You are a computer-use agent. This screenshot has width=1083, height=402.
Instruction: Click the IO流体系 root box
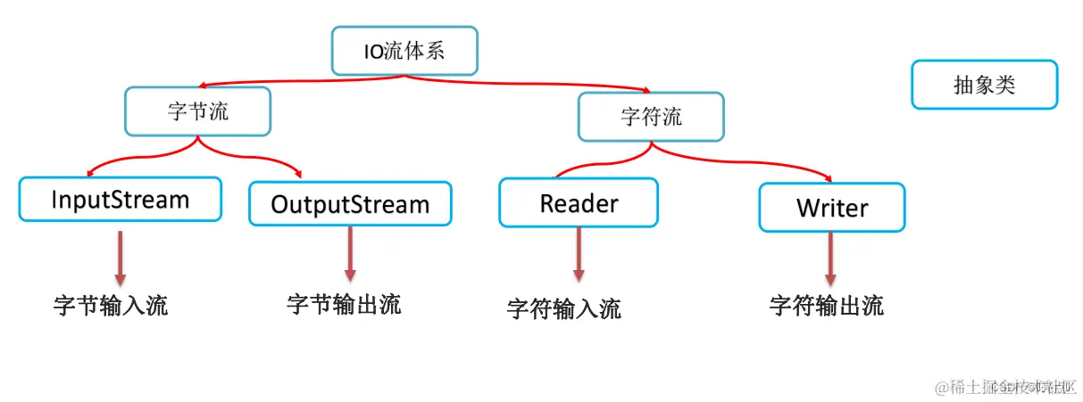[x=404, y=50]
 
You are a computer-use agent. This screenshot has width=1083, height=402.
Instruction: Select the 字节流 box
[x=197, y=111]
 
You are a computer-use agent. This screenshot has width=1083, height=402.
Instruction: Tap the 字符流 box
[x=651, y=116]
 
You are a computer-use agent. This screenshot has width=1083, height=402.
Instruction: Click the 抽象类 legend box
[x=984, y=85]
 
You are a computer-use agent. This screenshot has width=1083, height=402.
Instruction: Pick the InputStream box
[x=120, y=199]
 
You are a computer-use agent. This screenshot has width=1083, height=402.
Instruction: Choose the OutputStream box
[x=350, y=204]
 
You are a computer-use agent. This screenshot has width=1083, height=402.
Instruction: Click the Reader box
[x=579, y=202]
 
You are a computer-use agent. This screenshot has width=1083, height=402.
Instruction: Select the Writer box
[x=831, y=208]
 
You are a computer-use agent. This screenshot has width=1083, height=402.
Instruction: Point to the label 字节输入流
[x=111, y=306]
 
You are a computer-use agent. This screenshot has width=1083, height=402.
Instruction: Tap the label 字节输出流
[x=344, y=304]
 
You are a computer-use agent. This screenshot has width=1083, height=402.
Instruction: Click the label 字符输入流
[x=563, y=308]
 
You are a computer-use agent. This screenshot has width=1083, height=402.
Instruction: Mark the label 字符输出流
[x=826, y=306]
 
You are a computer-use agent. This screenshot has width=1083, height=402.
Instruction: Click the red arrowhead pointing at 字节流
[x=204, y=86]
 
